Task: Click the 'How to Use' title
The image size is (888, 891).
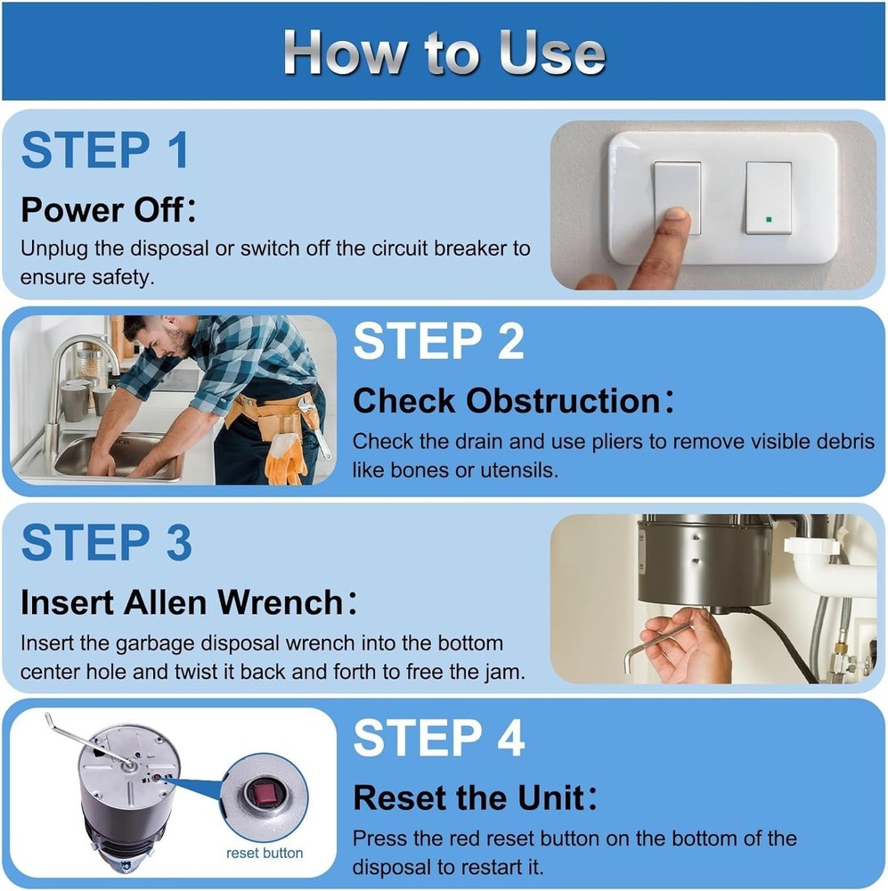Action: (444, 53)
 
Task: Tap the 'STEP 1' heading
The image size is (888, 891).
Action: (105, 150)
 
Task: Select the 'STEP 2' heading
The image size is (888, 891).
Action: (438, 340)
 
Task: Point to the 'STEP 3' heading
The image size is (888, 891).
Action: (106, 542)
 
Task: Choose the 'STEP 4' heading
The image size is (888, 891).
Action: (438, 738)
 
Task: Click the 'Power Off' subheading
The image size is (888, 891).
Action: (108, 209)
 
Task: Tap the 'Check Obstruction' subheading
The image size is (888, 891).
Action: (513, 400)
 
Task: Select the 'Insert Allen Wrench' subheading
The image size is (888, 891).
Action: (189, 601)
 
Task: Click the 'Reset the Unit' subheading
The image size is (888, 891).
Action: (475, 797)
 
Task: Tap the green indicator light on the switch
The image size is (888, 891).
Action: (769, 219)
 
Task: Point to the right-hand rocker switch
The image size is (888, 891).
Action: (769, 198)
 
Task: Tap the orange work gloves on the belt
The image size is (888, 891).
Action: (287, 457)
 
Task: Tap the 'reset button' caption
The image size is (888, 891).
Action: (265, 853)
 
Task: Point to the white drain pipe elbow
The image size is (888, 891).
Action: (819, 568)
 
